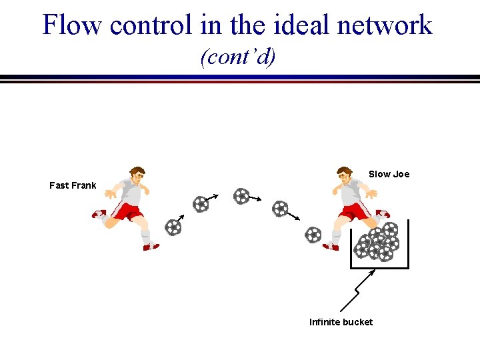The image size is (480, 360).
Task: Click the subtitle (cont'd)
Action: point(238,57)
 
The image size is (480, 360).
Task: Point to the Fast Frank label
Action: point(73,185)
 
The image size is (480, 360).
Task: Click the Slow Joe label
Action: point(389,174)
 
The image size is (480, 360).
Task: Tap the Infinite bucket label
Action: point(341,322)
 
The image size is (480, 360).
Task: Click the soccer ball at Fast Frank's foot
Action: point(173,227)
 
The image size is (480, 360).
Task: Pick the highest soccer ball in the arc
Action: point(241,196)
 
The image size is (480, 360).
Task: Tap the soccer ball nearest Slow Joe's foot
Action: point(313,235)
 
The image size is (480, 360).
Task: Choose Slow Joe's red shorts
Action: point(355,211)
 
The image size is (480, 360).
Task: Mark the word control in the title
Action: point(155,25)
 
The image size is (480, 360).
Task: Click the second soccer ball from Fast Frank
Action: point(200,204)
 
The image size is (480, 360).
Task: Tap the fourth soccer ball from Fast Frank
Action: point(280,209)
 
